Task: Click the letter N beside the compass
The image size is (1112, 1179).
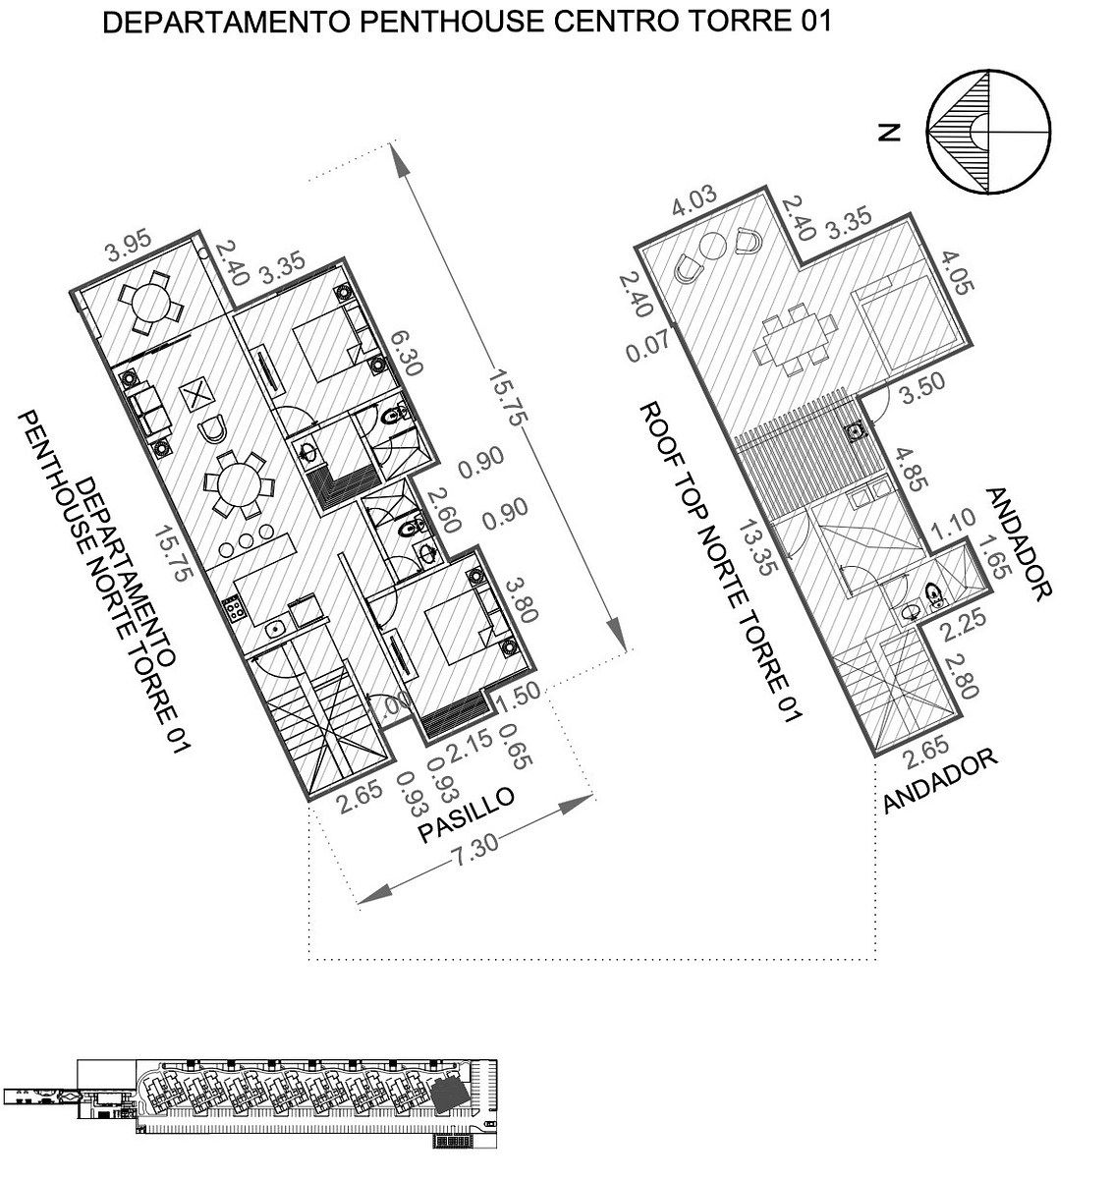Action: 889,133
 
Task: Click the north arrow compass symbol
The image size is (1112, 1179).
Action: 988,132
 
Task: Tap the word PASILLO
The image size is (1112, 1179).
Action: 466,814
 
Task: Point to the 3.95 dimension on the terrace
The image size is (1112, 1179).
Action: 129,245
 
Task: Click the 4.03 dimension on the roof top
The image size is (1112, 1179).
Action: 695,201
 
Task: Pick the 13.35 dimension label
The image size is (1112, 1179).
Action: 757,548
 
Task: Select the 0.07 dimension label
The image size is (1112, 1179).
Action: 648,346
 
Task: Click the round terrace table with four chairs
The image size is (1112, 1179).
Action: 151,301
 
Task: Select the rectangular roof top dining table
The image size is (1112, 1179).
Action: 796,340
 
